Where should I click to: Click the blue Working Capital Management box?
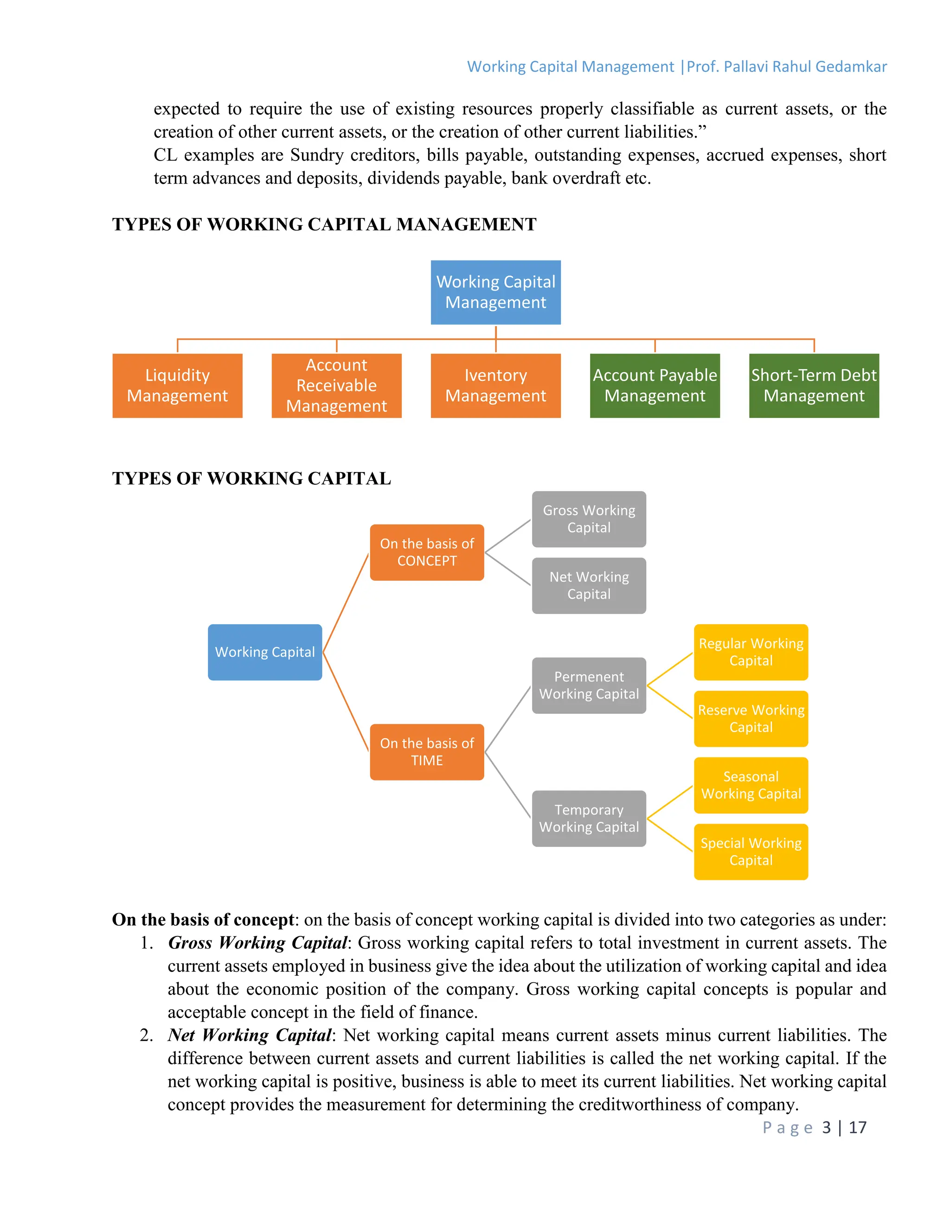pos(495,292)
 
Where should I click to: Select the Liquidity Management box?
pos(177,385)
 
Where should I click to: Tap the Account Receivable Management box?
pos(337,385)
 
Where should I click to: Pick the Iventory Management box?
pos(495,385)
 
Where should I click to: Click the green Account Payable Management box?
pos(655,385)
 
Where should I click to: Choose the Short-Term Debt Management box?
pos(814,385)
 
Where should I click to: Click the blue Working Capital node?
pos(264,652)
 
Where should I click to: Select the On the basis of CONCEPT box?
pos(427,552)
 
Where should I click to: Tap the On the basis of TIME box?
pos(427,752)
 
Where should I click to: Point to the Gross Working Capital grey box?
pos(589,519)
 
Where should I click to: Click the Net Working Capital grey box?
pos(589,585)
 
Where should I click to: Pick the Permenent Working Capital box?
pos(589,685)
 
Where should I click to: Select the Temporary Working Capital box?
pos(589,818)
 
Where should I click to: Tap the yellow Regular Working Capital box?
pos(751,652)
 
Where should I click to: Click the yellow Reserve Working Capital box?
pos(751,718)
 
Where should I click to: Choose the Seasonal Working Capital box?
pos(751,785)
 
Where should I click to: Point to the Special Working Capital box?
pos(751,851)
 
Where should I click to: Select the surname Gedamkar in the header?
pos(851,67)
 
